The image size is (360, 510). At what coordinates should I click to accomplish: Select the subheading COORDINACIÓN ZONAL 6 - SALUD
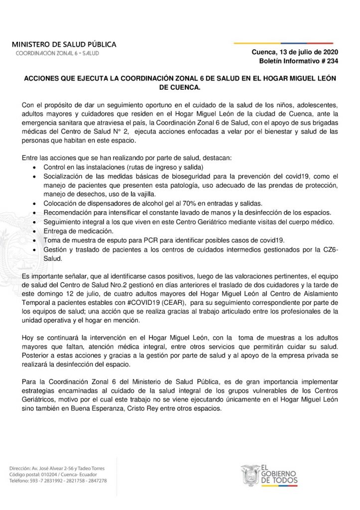coord(57,53)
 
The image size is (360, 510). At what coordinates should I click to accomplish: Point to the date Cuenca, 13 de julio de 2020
coord(295,52)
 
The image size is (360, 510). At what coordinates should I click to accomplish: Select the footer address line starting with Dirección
coord(65,469)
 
